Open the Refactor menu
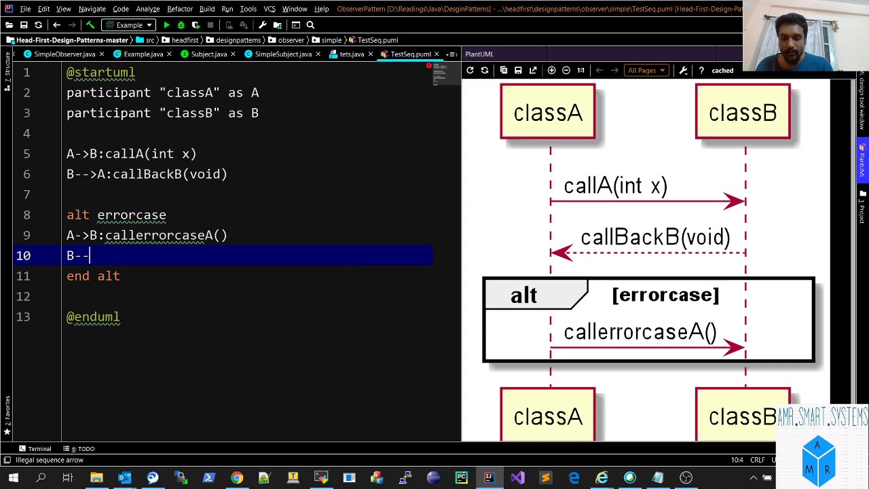tap(180, 9)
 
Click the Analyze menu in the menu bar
tap(147, 9)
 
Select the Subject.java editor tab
tap(208, 54)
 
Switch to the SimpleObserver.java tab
tap(64, 54)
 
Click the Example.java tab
tap(143, 54)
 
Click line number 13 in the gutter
tap(23, 317)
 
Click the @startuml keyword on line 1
tap(100, 73)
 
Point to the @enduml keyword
tap(93, 317)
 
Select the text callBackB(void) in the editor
tap(170, 175)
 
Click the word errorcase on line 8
tap(132, 215)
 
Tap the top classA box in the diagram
tap(548, 112)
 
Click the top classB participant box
tap(743, 112)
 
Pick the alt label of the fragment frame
tap(523, 295)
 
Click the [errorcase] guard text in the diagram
tap(665, 295)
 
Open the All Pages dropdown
tap(646, 71)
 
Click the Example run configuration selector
tap(129, 25)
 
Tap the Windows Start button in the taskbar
tap(12, 478)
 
